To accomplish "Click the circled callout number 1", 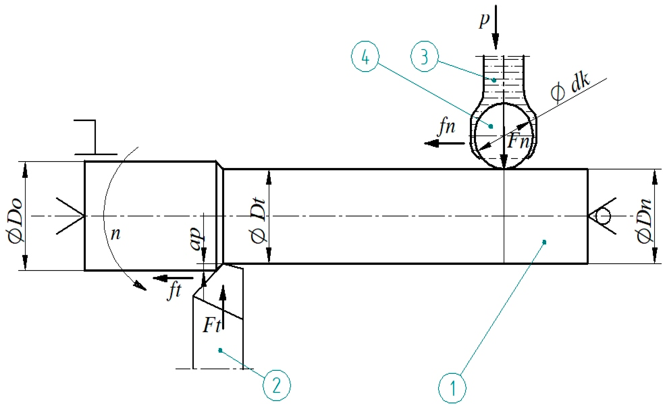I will click(x=452, y=388).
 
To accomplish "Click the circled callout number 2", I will click(x=277, y=385).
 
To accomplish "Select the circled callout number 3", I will click(x=424, y=56).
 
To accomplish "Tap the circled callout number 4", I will click(x=365, y=56).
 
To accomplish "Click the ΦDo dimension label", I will click(x=15, y=221).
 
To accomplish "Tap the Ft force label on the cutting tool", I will click(x=212, y=325).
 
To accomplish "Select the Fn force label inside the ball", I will click(x=518, y=141).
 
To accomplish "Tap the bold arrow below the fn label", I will click(x=444, y=144).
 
